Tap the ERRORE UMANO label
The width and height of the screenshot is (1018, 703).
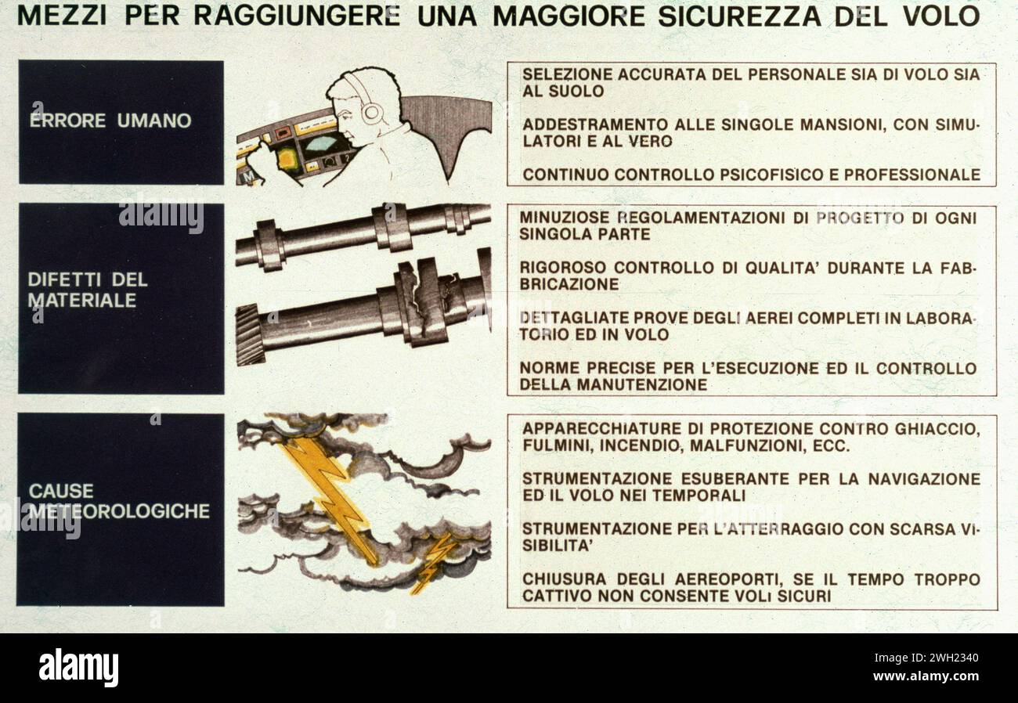coord(110,121)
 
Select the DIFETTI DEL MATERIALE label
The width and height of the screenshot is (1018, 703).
coord(87,290)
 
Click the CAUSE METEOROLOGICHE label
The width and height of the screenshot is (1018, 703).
coord(119,501)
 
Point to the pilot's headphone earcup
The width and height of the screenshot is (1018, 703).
coord(371,112)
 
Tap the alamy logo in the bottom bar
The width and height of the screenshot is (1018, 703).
coord(78,668)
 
